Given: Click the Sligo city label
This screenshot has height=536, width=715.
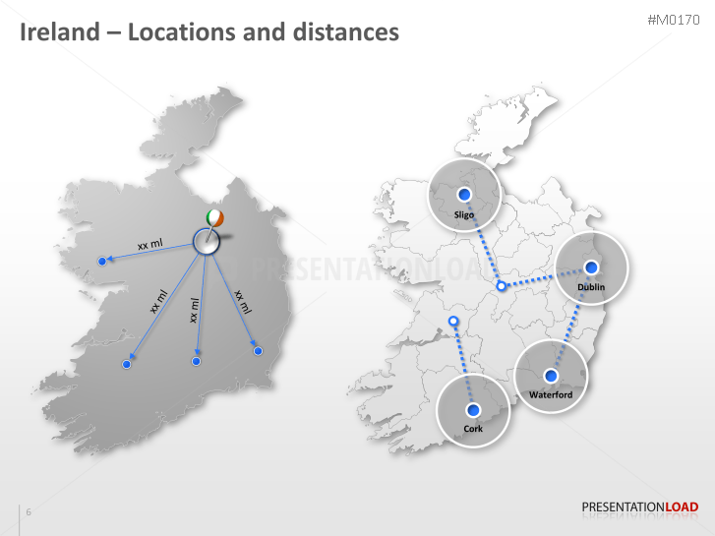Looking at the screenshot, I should (464, 213).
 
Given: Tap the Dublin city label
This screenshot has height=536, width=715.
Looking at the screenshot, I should (591, 286).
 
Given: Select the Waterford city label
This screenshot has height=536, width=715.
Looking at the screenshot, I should (550, 394).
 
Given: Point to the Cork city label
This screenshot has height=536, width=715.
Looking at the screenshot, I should (473, 428).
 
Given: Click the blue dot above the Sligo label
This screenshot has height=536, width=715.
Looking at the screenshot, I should (465, 194).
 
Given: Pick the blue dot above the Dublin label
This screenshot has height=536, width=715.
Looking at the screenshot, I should (591, 267).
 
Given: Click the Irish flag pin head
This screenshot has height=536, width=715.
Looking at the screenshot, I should (215, 217).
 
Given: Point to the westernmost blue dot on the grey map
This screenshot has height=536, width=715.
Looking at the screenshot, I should (101, 261).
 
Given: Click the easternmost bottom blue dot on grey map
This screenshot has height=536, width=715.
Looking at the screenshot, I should (258, 350).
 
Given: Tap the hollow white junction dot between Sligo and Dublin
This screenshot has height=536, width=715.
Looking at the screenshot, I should (501, 286).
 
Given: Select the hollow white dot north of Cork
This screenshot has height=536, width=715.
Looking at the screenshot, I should (452, 322).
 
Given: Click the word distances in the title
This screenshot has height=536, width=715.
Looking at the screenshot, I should (345, 31).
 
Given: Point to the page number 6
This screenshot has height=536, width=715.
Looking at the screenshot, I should (29, 512).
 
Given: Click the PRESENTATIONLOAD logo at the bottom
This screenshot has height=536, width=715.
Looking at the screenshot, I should (639, 507).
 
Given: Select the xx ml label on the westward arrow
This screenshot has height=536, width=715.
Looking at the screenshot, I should (149, 244).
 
